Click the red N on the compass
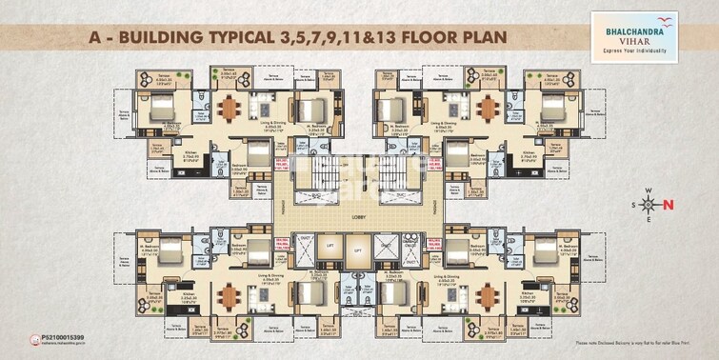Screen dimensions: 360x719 click(668, 204)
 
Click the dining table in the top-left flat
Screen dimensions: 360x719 click(230, 105)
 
